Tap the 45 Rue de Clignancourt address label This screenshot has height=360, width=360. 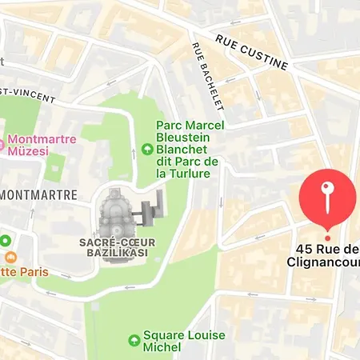coord(325,254)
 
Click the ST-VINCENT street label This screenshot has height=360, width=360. coord(28,95)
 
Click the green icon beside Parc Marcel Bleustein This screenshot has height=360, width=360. coord(146,149)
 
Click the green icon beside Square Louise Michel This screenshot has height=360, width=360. coord(134,341)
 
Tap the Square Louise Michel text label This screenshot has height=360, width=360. coord(184,341)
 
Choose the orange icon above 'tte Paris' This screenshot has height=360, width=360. coord(10,258)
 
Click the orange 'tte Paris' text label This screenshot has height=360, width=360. coord(24,272)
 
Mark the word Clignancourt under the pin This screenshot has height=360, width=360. coord(325,261)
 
